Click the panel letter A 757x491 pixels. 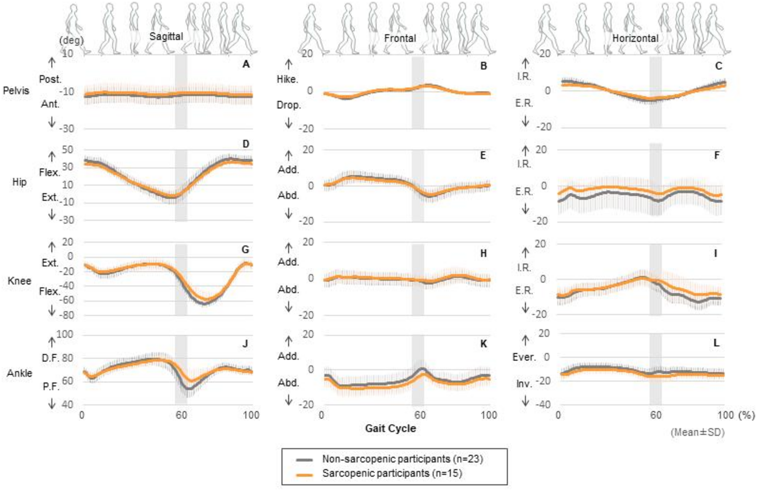coord(246,64)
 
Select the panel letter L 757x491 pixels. coord(716,343)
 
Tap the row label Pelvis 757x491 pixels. coord(16,91)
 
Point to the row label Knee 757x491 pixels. coord(19,281)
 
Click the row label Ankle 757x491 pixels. coord(19,373)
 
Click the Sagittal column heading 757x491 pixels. coord(166,37)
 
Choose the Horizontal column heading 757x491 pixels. coord(635,38)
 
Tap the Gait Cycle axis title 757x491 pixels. coord(390,428)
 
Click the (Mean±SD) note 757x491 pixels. coord(697,432)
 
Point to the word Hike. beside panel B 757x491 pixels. coord(287,79)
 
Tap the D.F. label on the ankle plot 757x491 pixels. coord(51,358)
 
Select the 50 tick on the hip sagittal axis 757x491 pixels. coord(67,150)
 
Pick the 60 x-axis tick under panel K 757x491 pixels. coord(420,415)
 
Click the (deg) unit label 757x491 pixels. coord(71,40)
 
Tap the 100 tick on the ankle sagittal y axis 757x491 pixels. coord(65,334)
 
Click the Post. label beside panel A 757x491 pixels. coord(50,79)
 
